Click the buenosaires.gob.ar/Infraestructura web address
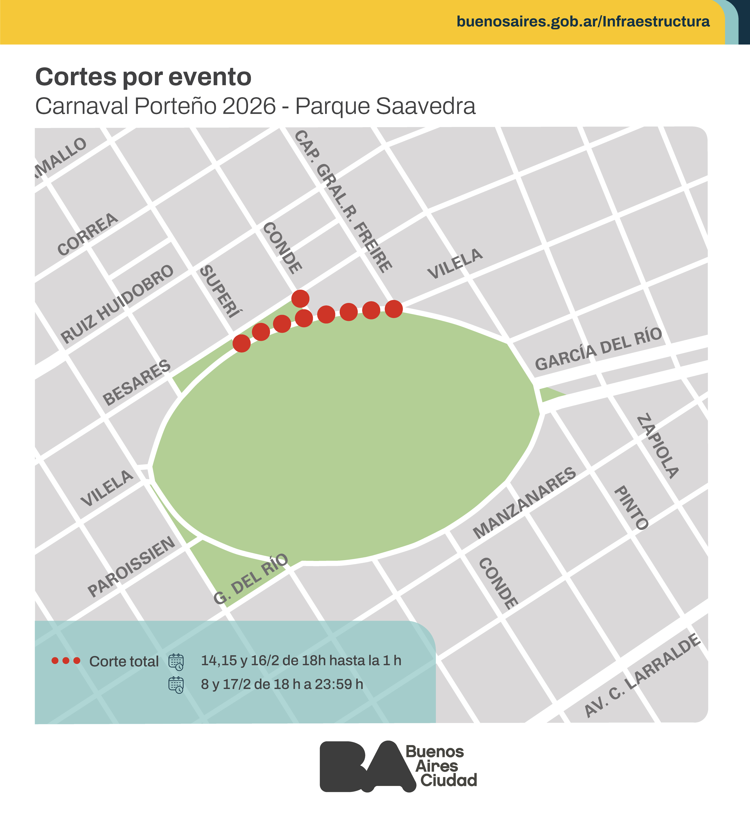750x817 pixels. tap(583, 21)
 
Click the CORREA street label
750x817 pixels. tap(88, 234)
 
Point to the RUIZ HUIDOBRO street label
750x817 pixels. tap(117, 304)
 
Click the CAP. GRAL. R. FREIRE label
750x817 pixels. tap(343, 201)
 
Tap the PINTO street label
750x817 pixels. tap(631, 508)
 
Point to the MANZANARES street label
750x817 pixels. tap(524, 503)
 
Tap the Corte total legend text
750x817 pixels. tap(124, 661)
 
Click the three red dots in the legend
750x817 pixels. tap(66, 661)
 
